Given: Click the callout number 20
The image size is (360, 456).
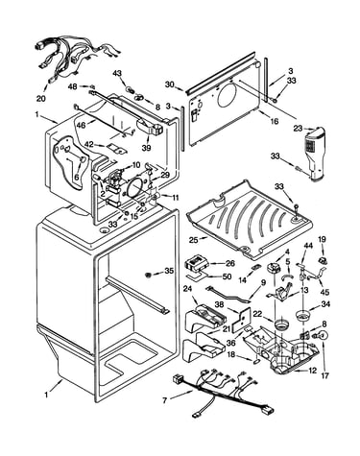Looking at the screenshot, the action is (41, 99).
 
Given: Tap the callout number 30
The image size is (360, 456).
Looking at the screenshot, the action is (170, 84).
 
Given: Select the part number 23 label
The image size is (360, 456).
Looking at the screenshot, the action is (298, 129).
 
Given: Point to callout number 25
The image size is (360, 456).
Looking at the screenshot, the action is (193, 239).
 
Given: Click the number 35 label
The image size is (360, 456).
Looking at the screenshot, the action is (169, 271).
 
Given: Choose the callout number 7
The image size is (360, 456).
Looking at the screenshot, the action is (164, 400).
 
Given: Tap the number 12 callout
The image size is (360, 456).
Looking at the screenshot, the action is (312, 371).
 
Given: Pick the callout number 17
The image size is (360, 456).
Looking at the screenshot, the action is (324, 375).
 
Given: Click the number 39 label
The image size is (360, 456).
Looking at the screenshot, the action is (147, 148).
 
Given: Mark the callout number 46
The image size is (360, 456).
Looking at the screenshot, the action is (82, 125).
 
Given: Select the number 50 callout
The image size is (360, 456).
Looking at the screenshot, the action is (227, 276).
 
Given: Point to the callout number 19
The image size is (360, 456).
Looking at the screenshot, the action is (322, 239).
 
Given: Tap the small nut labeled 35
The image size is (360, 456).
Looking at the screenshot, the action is (148, 275).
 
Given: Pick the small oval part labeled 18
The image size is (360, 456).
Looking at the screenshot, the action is (257, 361).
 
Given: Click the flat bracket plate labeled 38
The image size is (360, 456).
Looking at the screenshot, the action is (241, 320).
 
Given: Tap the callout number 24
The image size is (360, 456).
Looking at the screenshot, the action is (187, 289).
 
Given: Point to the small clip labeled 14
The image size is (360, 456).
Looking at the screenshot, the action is (255, 267).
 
